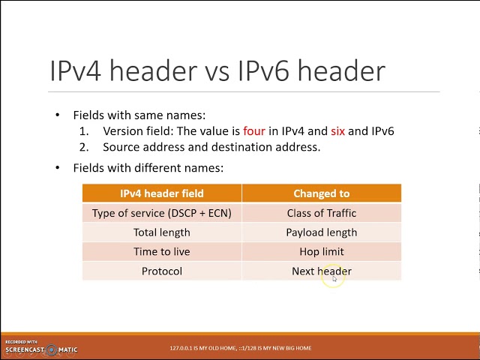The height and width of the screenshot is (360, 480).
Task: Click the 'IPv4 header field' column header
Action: tap(161, 193)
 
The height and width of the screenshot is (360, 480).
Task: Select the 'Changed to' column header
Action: tap(321, 193)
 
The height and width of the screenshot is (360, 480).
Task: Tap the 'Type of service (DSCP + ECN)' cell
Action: tap(161, 213)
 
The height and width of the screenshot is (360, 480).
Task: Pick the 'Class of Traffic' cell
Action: tap(321, 213)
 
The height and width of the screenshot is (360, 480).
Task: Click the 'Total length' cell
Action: tap(161, 232)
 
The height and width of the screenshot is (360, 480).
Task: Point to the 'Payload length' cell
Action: tap(321, 232)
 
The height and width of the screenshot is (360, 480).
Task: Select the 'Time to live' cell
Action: tap(161, 252)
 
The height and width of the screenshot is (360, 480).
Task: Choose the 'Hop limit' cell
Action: tap(321, 252)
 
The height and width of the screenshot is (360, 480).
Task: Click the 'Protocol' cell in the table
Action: tap(161, 271)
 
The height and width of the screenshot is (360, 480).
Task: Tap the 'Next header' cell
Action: tap(321, 271)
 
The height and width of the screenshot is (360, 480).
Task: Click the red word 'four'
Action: tap(254, 131)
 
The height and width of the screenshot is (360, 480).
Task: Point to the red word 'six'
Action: tap(337, 131)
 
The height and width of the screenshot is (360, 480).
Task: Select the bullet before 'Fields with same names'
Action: tap(57, 115)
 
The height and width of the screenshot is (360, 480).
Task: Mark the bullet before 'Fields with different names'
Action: tap(57, 168)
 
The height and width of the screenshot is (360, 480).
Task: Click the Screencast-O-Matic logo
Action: tap(41, 348)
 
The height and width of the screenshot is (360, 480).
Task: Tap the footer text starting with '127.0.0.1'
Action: tap(240, 348)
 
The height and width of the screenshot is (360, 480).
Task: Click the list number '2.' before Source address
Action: tap(85, 147)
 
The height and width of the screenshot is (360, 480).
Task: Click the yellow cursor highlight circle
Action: tap(333, 277)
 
